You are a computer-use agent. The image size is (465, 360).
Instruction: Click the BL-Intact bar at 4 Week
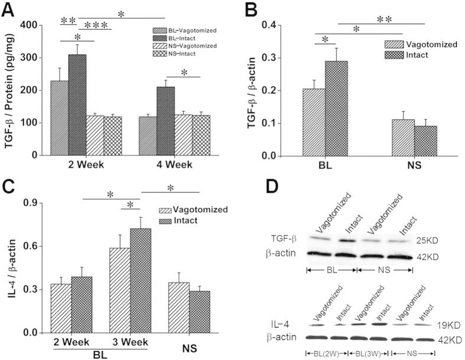[x=165, y=121]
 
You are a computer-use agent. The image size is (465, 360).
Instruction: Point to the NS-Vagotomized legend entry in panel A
[x=178, y=46]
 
